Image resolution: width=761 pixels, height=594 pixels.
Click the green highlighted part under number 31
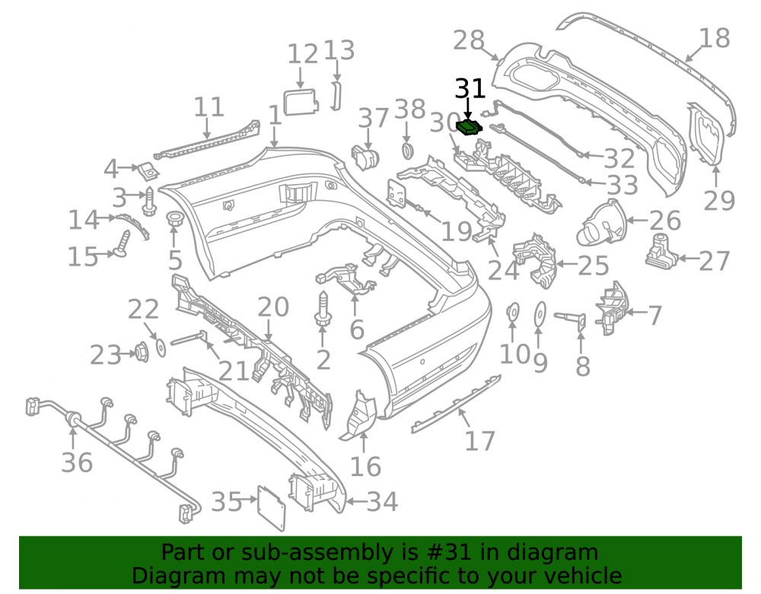point(470,126)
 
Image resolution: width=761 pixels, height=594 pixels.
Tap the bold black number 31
point(470,89)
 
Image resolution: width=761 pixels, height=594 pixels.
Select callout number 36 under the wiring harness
point(77,462)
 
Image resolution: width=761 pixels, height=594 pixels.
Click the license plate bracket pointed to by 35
point(272,508)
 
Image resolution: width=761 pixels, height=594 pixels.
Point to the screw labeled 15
point(123,243)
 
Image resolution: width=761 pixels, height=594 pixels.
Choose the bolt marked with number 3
point(149,202)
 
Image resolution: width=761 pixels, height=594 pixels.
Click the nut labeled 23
point(142,352)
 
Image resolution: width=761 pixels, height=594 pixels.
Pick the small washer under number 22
point(160,348)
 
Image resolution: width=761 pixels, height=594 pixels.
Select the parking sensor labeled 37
point(365,157)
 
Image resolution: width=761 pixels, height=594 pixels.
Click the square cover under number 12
point(301,102)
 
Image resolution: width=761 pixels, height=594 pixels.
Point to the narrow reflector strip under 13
point(336,96)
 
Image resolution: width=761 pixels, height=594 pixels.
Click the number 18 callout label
point(715,38)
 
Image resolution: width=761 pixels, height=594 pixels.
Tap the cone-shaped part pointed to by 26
point(602,223)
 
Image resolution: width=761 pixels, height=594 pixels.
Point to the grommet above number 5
point(174,219)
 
